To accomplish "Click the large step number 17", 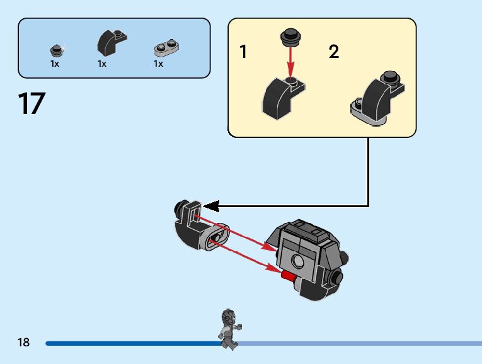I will [x=32, y=104].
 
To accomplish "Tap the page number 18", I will [x=24, y=343].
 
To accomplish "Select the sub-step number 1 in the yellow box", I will [x=243, y=52].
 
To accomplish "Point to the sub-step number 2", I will [x=334, y=52].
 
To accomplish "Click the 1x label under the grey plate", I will [x=158, y=64].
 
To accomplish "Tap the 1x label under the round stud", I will [x=55, y=64].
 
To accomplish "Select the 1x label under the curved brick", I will [x=102, y=64].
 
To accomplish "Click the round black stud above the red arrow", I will [x=290, y=37].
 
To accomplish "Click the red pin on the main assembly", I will [x=289, y=275].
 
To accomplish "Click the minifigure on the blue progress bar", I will [x=229, y=327].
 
